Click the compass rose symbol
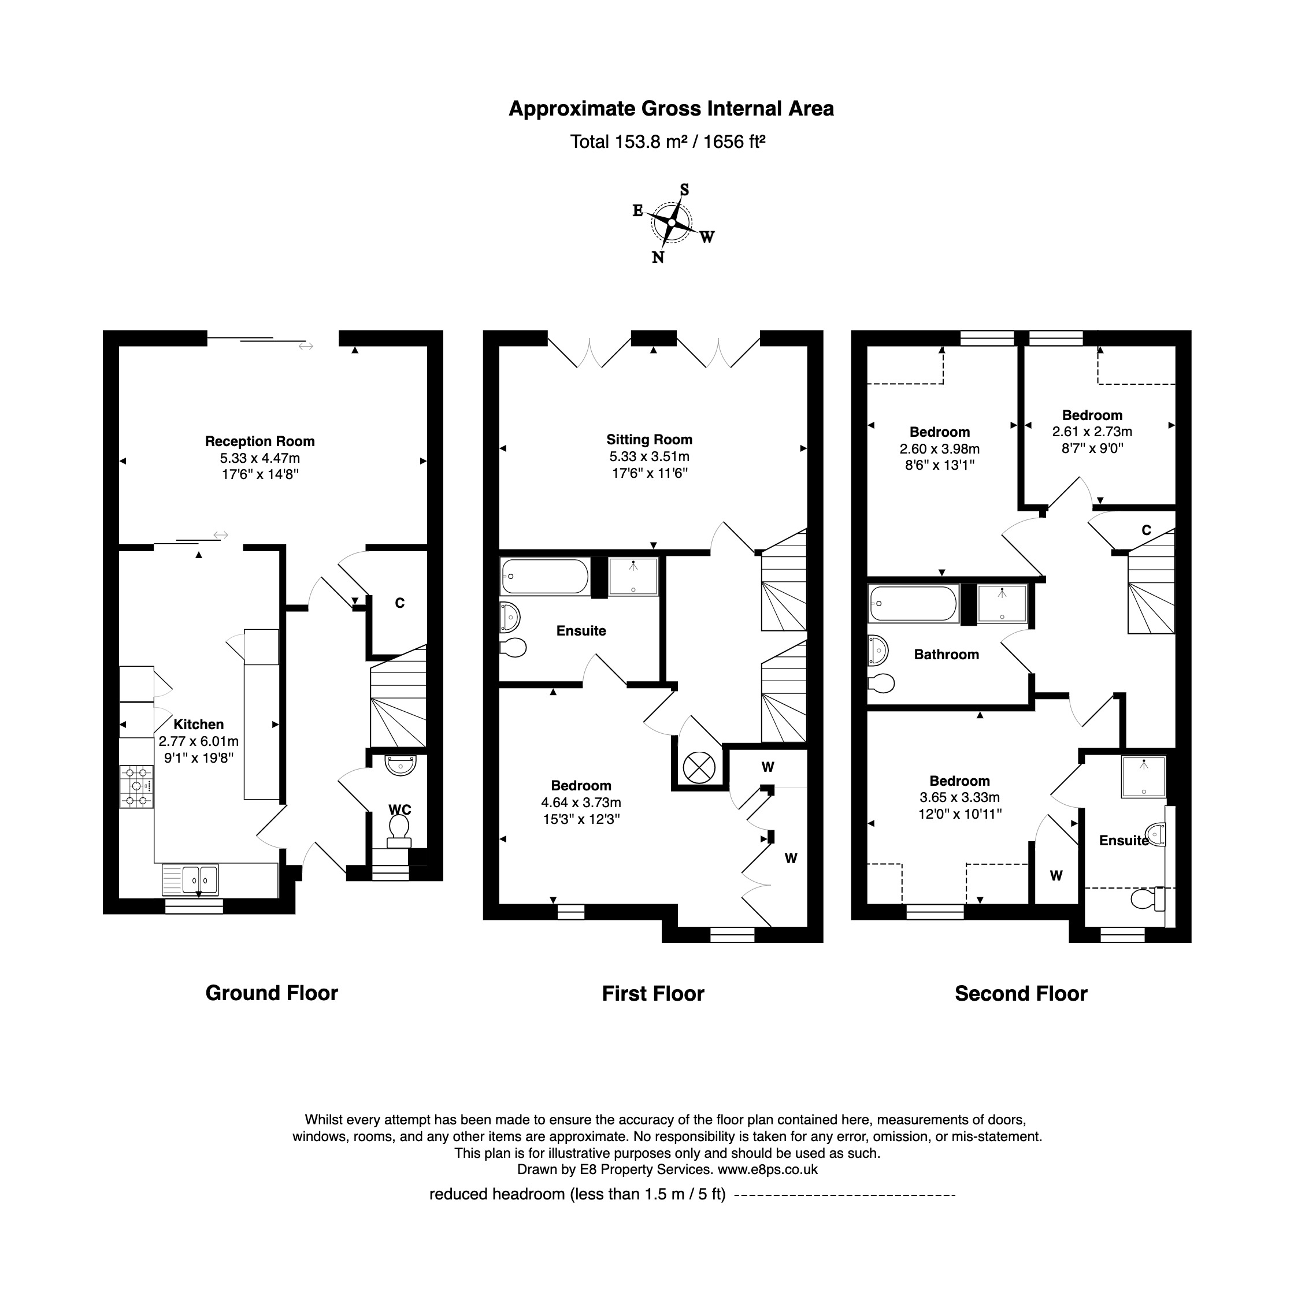pyautogui.click(x=672, y=223)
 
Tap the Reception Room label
pyautogui.click(x=259, y=442)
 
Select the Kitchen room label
pyautogui.click(x=198, y=725)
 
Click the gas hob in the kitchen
pyautogui.click(x=136, y=786)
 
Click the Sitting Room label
pyautogui.click(x=649, y=440)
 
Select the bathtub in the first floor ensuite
pyautogui.click(x=544, y=576)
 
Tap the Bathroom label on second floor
pyautogui.click(x=946, y=655)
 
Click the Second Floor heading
pyautogui.click(x=1021, y=994)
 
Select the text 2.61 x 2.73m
pyautogui.click(x=1092, y=432)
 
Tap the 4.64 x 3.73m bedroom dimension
pyautogui.click(x=581, y=803)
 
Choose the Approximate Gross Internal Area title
pyautogui.click(x=671, y=109)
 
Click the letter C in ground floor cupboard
pyautogui.click(x=399, y=603)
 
